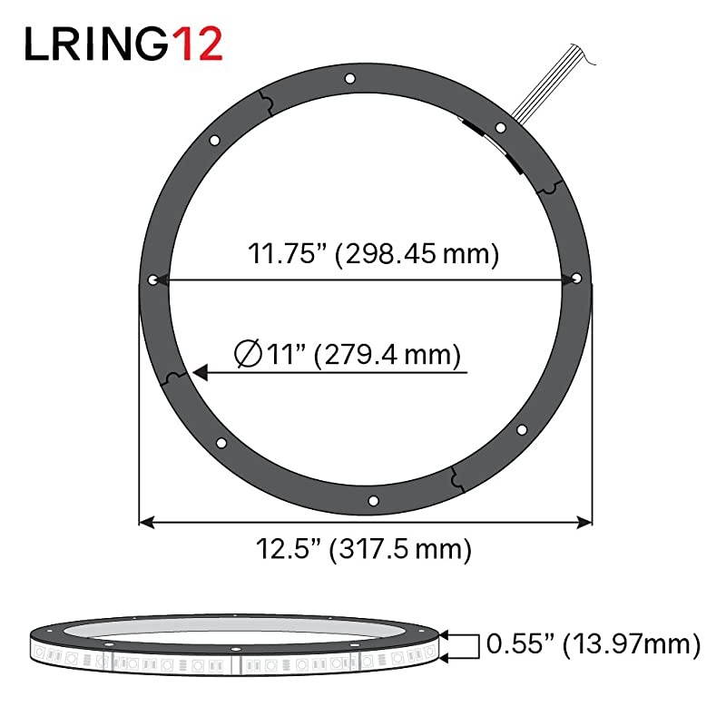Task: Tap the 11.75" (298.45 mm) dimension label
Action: click(373, 254)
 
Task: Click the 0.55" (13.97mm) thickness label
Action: click(594, 644)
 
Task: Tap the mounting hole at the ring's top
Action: click(350, 81)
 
